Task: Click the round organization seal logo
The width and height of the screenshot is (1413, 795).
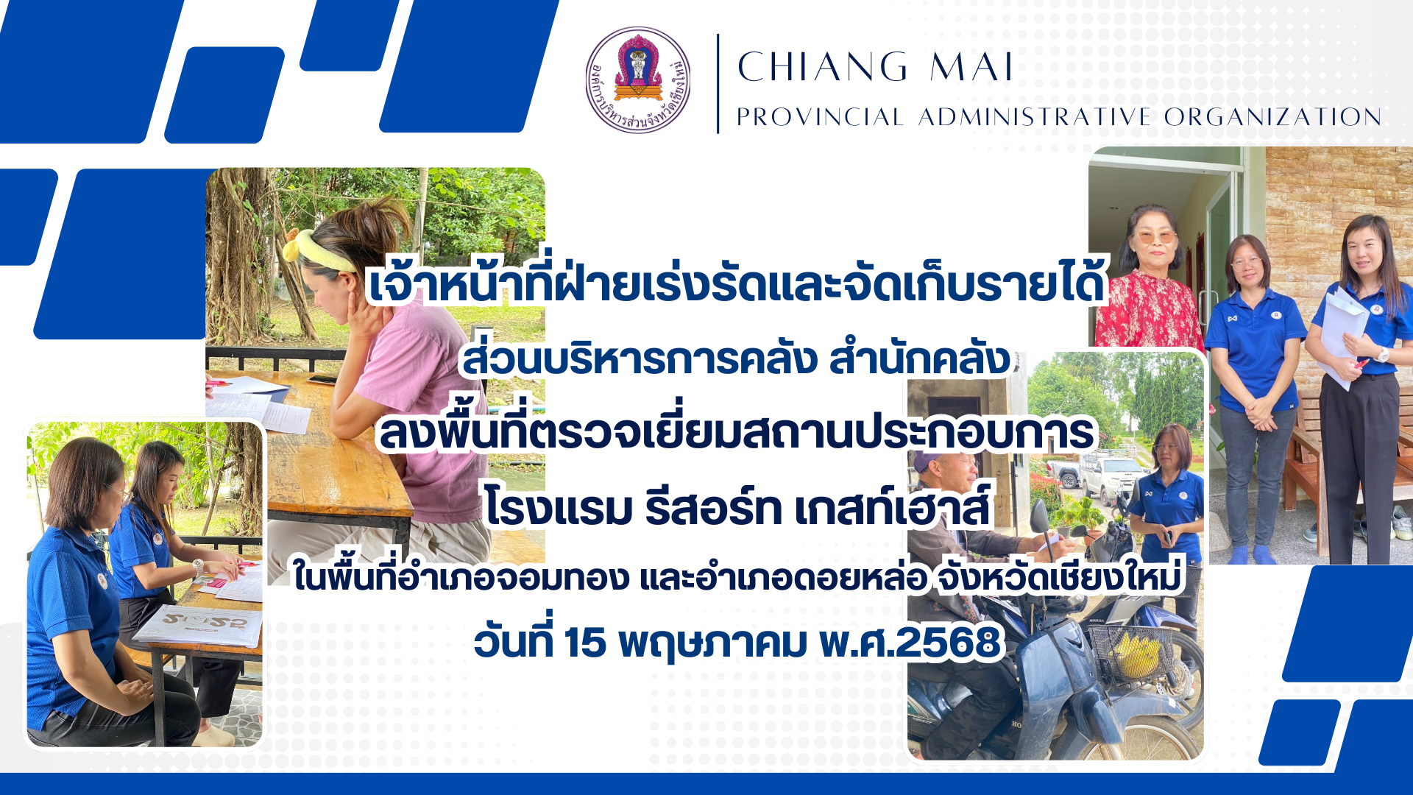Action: click(638, 80)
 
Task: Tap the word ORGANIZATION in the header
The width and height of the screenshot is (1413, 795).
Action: click(1272, 117)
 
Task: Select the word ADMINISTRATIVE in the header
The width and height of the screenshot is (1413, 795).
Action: click(1034, 117)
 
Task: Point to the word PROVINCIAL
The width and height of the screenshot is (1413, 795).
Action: click(821, 117)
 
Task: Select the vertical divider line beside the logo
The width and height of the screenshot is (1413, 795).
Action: click(718, 83)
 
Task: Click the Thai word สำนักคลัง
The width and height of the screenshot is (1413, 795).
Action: click(920, 358)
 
